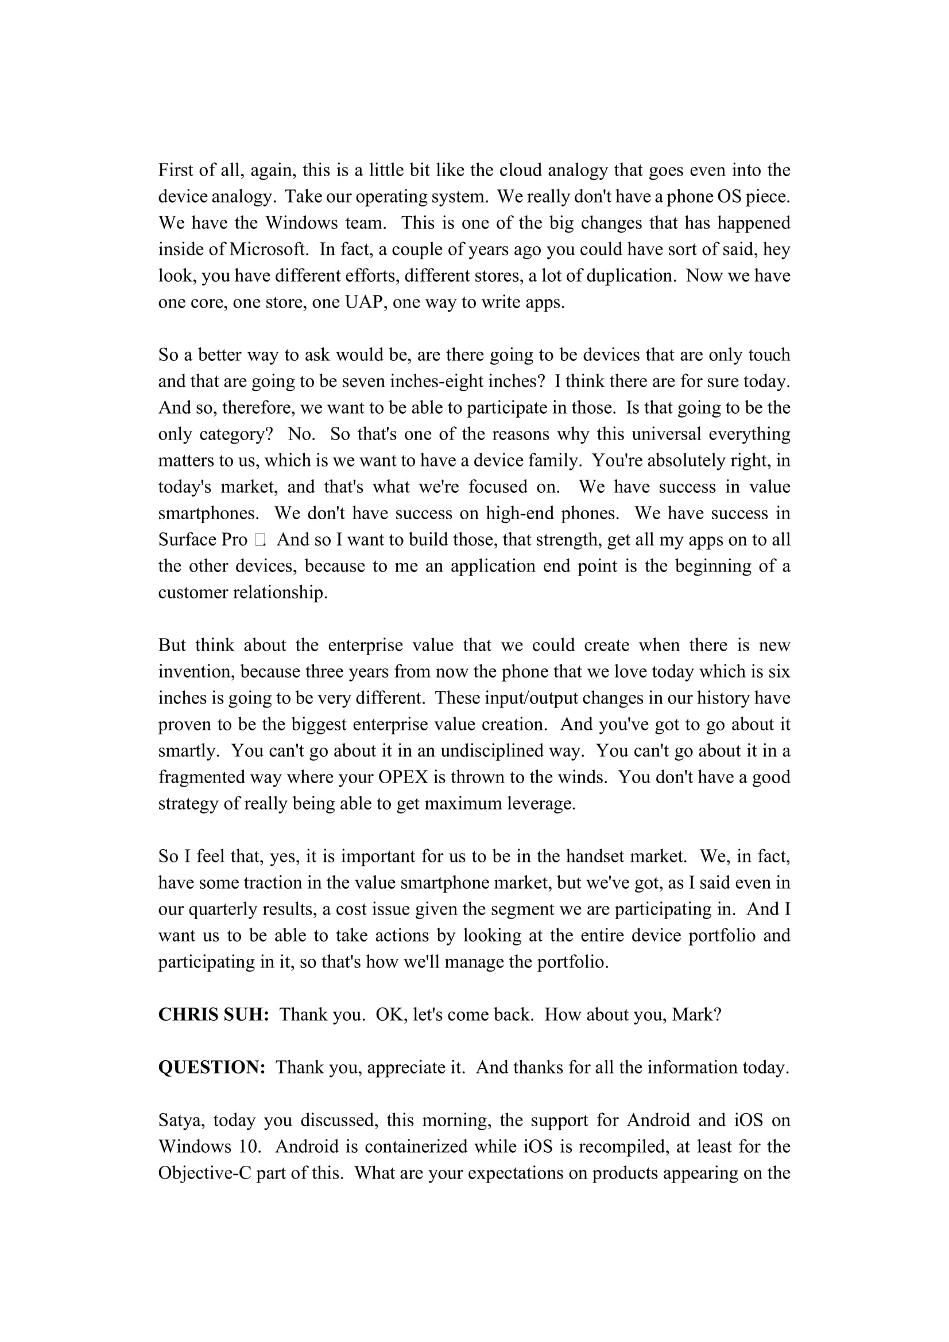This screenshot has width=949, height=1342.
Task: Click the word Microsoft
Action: click(x=268, y=249)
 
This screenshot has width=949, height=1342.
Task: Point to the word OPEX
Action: click(x=403, y=777)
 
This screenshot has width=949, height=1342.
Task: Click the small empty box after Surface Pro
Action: click(x=260, y=539)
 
